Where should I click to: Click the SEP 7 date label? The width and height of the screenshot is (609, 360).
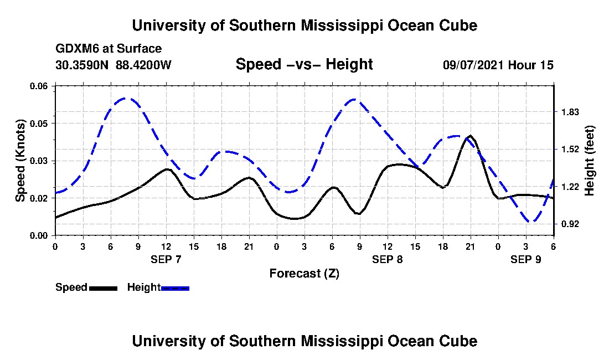point(166,259)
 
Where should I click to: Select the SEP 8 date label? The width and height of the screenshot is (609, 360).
point(388,259)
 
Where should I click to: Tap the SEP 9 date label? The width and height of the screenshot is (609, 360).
point(526,259)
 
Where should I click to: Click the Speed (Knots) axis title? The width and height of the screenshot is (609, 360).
point(20,160)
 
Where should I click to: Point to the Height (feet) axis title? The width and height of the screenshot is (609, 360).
point(590,160)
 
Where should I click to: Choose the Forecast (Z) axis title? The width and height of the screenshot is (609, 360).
point(304,274)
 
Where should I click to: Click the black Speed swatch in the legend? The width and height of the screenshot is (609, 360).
point(103,287)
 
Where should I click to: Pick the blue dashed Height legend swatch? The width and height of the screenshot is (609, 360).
point(175,287)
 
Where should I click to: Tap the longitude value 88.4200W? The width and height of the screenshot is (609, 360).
point(143,65)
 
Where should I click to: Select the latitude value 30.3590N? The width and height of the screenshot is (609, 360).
point(83,65)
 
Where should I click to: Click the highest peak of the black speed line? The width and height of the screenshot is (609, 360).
point(470,135)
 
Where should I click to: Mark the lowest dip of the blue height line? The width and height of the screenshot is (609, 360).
point(531,222)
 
